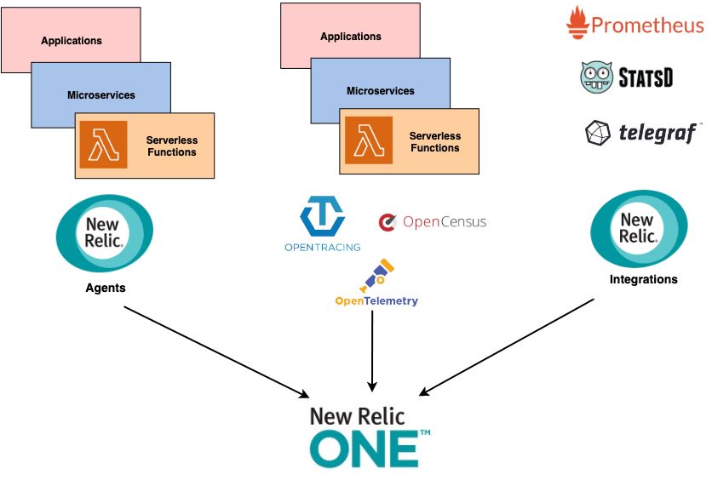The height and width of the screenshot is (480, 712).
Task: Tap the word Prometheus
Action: click(647, 25)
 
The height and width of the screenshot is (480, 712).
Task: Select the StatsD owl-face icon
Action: click(596, 77)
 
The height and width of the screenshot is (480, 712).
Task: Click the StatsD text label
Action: click(646, 77)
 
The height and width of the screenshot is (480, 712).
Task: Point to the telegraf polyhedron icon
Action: click(598, 133)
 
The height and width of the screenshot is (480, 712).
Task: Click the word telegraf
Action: click(657, 133)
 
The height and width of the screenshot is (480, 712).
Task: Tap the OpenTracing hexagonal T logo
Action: click(323, 216)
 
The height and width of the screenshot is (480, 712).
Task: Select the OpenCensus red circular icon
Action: click(388, 222)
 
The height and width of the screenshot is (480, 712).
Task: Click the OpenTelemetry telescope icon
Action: click(376, 276)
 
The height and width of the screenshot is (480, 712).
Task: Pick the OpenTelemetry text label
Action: click(376, 300)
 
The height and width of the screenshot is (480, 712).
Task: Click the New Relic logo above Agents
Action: click(105, 232)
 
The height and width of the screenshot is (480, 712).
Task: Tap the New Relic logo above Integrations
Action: click(639, 228)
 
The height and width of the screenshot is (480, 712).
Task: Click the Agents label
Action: click(106, 288)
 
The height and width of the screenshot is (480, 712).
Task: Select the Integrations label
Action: click(643, 279)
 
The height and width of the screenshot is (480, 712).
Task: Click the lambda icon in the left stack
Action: click(104, 145)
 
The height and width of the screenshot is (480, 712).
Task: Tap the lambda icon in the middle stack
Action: click(369, 140)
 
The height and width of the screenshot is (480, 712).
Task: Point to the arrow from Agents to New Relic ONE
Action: click(216, 352)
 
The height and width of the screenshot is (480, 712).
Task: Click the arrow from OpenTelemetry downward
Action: click(372, 351)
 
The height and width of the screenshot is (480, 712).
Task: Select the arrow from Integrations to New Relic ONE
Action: click(506, 347)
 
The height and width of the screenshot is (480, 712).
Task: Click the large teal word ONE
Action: click(365, 449)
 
